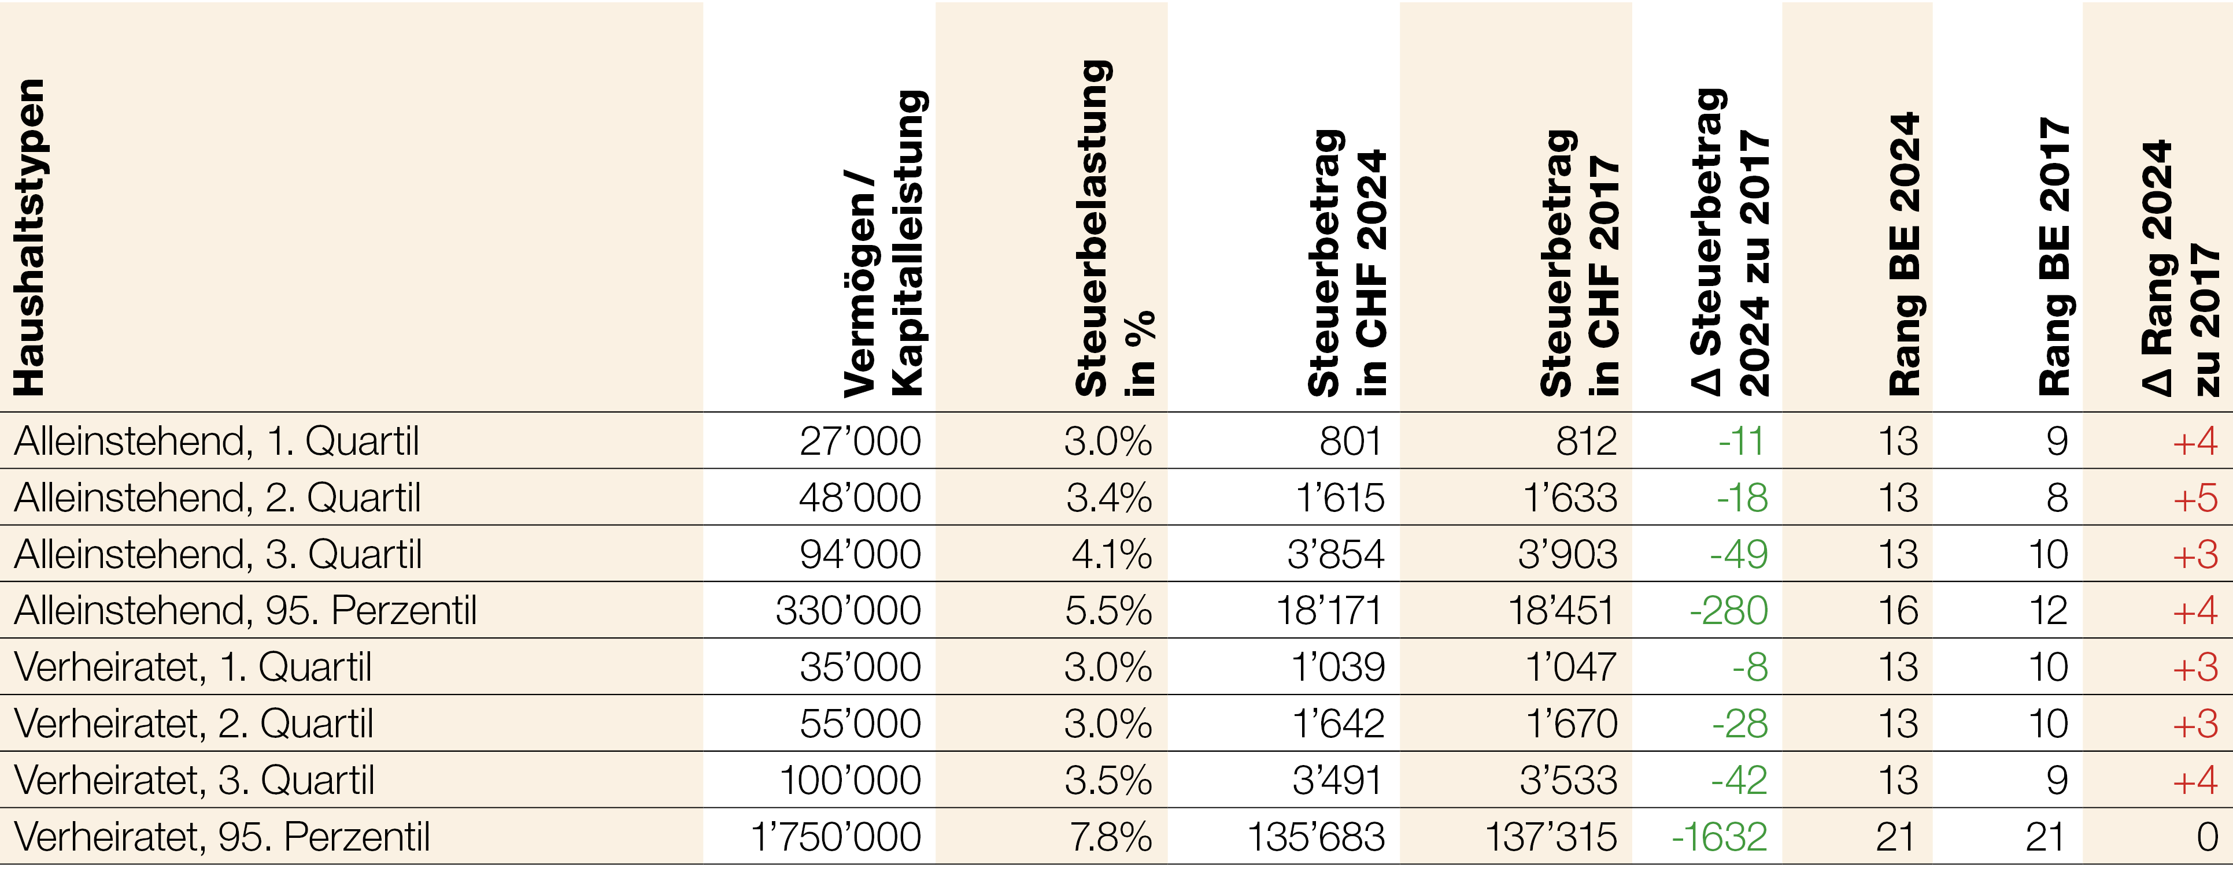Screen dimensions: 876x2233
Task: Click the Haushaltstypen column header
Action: click(x=28, y=238)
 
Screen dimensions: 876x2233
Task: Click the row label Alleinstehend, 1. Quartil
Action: click(x=217, y=441)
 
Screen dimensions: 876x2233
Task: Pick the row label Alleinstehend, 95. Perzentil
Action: click(x=245, y=611)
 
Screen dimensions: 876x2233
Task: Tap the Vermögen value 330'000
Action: click(x=848, y=611)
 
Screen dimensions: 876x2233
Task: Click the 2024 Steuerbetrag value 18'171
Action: click(x=1329, y=611)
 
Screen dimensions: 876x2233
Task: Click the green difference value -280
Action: click(x=1728, y=611)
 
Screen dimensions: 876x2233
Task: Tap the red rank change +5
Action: click(x=2195, y=498)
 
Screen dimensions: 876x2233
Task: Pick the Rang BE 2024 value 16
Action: click(x=1898, y=611)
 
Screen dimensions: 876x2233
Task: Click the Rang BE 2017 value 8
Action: click(x=2057, y=498)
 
